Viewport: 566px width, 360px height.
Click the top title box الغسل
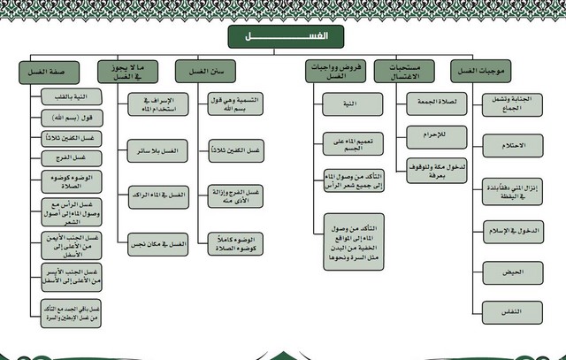coord(283,36)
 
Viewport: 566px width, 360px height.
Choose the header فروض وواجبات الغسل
coord(327,71)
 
